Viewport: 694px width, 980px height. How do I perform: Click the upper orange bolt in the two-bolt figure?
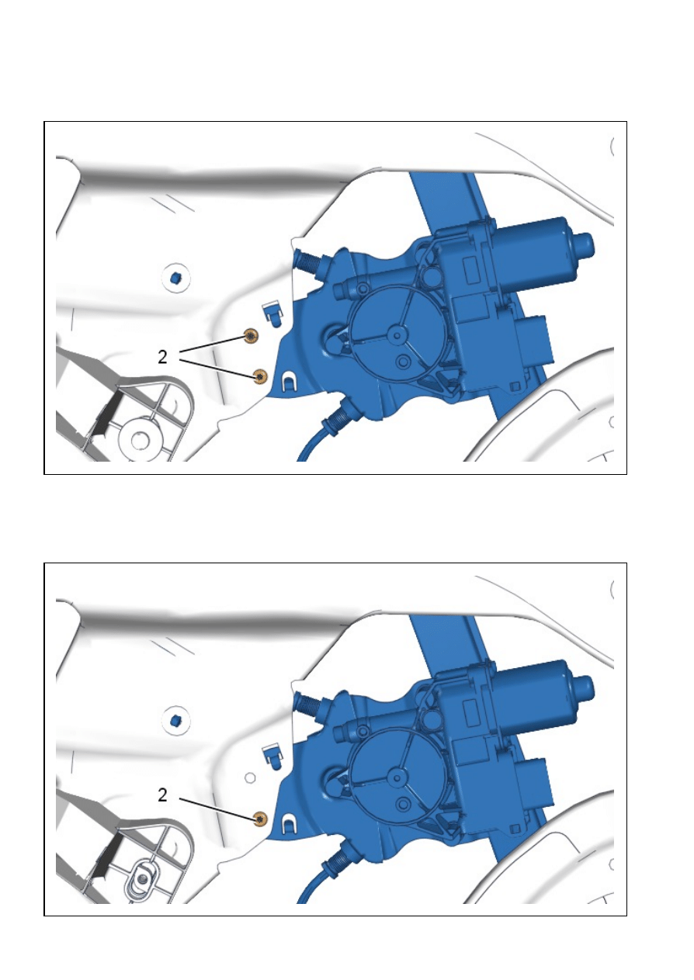[x=251, y=336]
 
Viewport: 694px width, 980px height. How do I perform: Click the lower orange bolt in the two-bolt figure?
[x=261, y=376]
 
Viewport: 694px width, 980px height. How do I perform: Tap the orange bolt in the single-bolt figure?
[x=261, y=818]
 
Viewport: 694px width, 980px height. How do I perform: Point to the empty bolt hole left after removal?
[x=250, y=777]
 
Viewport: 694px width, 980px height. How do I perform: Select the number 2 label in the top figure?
[x=162, y=358]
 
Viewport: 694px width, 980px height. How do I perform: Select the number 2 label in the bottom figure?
[x=162, y=795]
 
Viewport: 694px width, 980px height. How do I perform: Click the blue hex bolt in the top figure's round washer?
[x=176, y=277]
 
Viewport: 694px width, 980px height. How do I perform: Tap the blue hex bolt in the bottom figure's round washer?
[x=176, y=719]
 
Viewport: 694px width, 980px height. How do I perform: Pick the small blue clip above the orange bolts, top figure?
[x=272, y=313]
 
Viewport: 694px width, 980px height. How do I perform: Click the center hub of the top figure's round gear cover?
[x=397, y=335]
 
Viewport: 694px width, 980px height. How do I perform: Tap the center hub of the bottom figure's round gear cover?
[x=397, y=777]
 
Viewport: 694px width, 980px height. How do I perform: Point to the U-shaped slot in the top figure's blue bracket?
[x=289, y=381]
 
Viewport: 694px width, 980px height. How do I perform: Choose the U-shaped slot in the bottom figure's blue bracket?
[x=289, y=822]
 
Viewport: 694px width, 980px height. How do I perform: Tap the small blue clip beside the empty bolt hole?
[x=272, y=755]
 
